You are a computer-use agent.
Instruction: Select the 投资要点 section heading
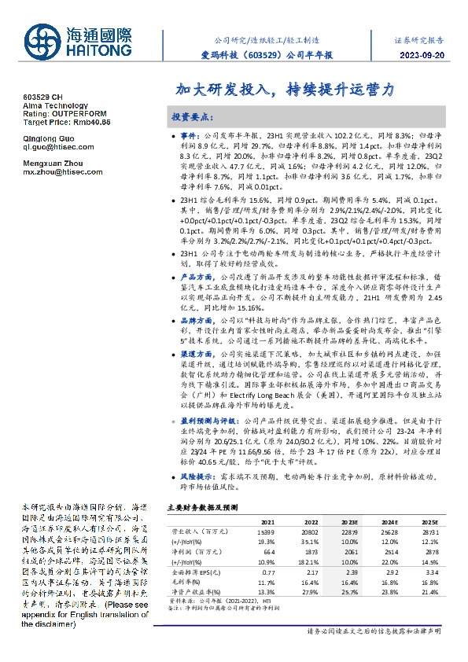click(x=192, y=116)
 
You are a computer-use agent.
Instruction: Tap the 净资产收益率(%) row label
click(x=195, y=592)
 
